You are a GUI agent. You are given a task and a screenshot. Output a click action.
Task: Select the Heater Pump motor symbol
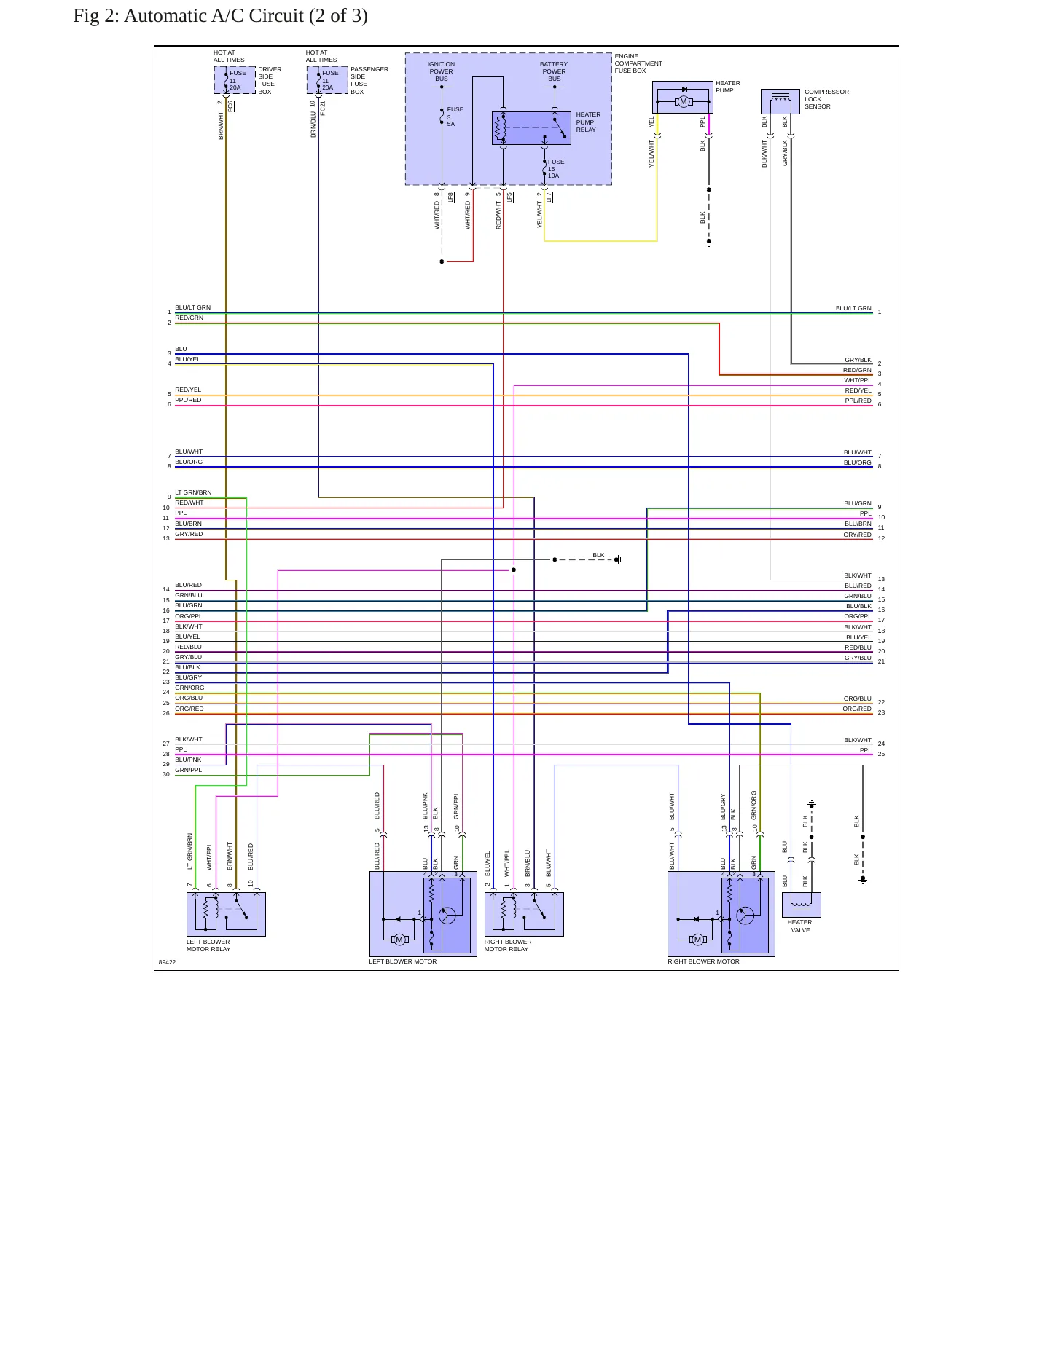[683, 101]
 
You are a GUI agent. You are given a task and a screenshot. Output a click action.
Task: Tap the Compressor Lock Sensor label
[826, 99]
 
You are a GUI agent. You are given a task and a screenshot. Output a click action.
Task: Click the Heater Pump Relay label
[588, 122]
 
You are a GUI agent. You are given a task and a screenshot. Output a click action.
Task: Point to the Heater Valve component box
[801, 905]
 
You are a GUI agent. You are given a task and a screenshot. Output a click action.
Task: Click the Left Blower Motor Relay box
[226, 914]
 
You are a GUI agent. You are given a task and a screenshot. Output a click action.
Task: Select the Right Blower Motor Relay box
[524, 914]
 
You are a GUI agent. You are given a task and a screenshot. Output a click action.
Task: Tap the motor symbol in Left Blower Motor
[399, 940]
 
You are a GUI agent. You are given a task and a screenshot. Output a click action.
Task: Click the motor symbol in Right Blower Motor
[697, 940]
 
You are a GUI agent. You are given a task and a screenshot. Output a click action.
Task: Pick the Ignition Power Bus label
[441, 71]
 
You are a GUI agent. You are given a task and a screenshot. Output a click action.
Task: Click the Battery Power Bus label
[554, 71]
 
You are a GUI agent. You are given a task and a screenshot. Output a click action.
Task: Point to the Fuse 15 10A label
[555, 169]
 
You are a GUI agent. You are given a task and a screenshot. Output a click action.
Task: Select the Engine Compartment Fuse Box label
[638, 63]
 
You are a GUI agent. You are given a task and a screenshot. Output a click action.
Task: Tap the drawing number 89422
[167, 962]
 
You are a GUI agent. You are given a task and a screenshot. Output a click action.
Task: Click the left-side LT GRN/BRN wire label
[193, 492]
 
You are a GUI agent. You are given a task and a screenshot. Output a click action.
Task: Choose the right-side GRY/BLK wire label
[858, 360]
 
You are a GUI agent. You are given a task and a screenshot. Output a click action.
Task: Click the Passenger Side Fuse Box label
[369, 80]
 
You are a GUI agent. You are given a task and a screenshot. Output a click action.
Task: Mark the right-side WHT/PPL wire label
[858, 380]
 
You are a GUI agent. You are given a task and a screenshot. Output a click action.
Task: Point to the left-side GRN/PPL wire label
[188, 770]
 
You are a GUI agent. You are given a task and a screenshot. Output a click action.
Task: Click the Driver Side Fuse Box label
[270, 80]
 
